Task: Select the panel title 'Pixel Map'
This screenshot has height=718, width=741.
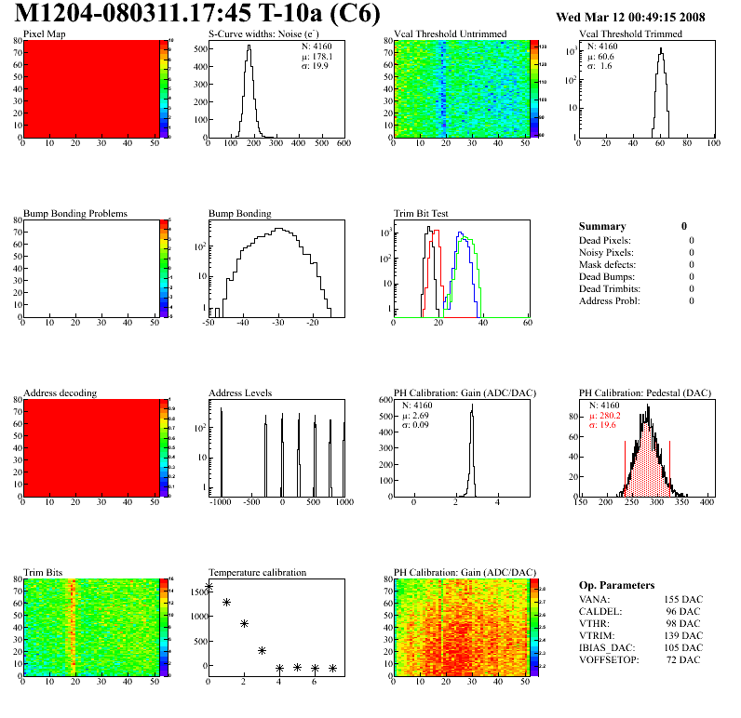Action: pyautogui.click(x=44, y=34)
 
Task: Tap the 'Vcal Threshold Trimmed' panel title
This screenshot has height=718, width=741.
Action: pyautogui.click(x=630, y=34)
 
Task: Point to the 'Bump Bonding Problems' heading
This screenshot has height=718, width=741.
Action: pyautogui.click(x=75, y=214)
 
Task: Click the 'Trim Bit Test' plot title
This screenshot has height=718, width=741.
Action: pyautogui.click(x=422, y=214)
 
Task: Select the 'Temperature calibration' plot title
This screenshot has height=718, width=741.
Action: pyautogui.click(x=257, y=573)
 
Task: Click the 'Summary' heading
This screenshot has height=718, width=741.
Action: pyautogui.click(x=602, y=226)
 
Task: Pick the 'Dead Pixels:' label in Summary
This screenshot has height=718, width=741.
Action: pyautogui.click(x=606, y=240)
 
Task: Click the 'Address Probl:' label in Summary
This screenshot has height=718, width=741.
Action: pyautogui.click(x=609, y=300)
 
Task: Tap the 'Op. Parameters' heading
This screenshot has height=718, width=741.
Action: pyautogui.click(x=616, y=585)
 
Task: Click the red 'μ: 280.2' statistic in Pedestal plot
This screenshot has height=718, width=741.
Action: pyautogui.click(x=606, y=416)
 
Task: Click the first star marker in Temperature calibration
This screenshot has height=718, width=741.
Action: pyautogui.click(x=209, y=587)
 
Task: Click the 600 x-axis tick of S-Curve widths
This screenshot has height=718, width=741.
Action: pyautogui.click(x=343, y=143)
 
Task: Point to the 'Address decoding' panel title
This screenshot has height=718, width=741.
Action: pyautogui.click(x=60, y=393)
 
